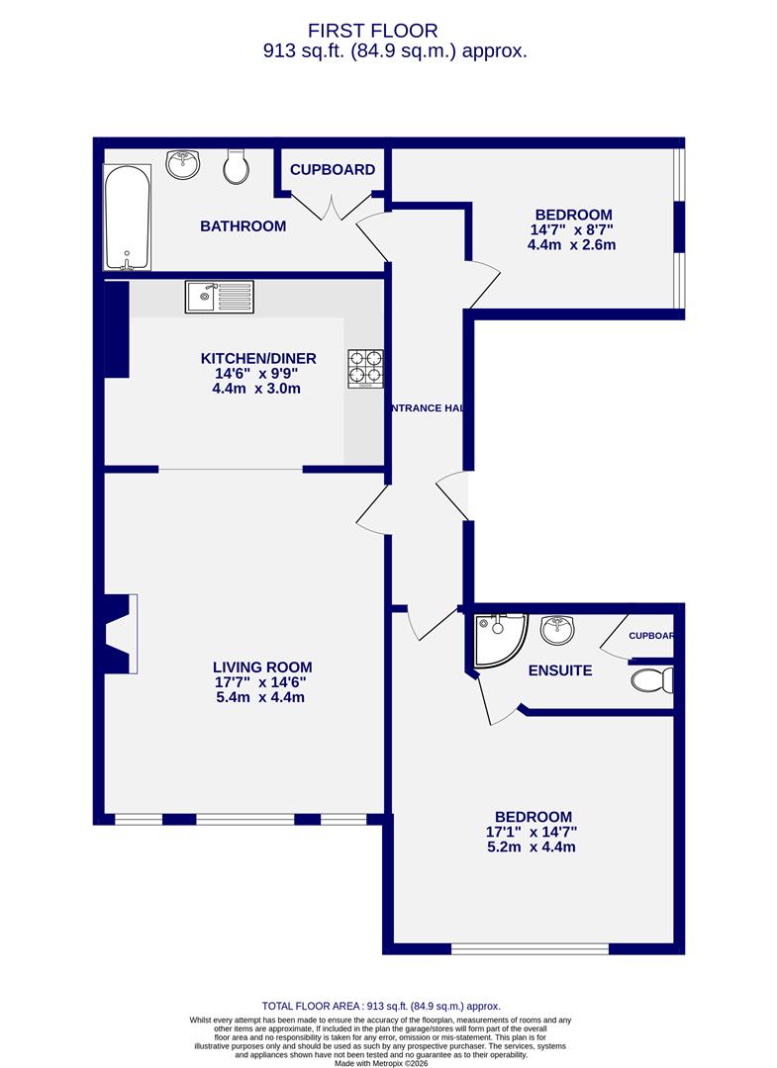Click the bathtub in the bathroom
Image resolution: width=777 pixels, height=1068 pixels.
[x=127, y=219]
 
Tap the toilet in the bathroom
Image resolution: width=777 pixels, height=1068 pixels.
[x=237, y=167]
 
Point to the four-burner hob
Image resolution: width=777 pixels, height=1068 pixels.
[x=365, y=368]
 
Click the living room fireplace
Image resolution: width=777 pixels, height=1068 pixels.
[x=121, y=633]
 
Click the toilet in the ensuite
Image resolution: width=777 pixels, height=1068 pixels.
[x=654, y=680]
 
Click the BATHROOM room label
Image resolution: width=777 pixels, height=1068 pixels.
[x=243, y=226]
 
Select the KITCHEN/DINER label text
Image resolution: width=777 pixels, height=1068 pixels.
[x=258, y=358]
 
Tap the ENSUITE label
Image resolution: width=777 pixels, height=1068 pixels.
[x=559, y=670]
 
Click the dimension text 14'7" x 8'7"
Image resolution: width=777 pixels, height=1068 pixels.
[x=573, y=229]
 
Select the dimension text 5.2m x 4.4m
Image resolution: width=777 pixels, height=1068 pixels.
[x=532, y=846]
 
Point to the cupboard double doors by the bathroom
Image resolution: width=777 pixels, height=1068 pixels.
[x=332, y=206]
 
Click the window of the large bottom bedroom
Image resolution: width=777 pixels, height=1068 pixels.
[x=530, y=948]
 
